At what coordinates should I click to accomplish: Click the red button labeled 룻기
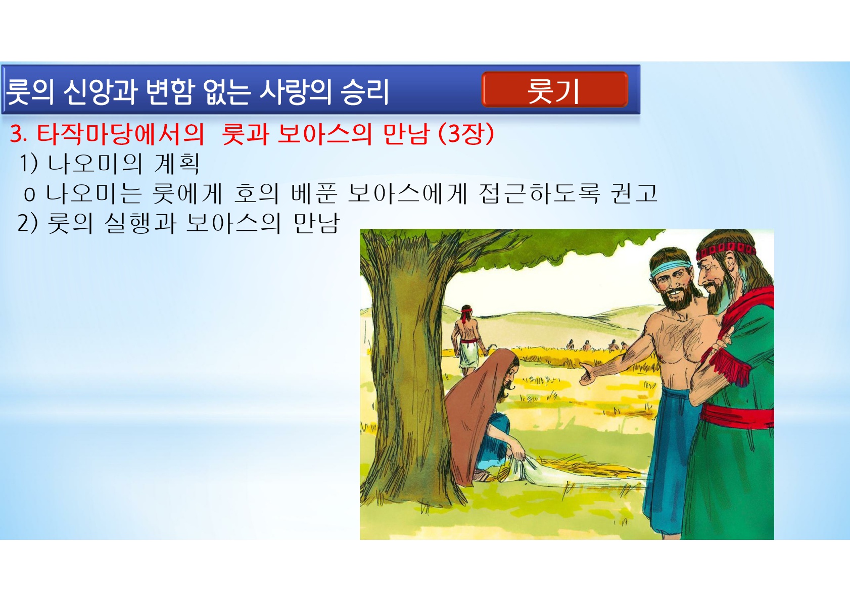554,89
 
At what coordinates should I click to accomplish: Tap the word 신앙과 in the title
100,92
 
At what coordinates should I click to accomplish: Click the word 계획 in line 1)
177,164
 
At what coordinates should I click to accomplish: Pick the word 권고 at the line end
634,193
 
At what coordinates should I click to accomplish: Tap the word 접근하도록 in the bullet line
539,193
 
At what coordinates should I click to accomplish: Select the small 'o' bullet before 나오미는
30,195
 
